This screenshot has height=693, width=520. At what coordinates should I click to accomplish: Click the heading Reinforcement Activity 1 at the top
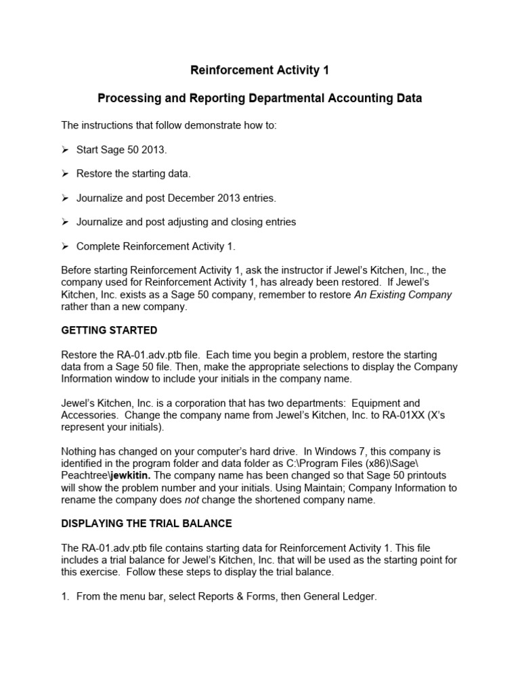point(259,70)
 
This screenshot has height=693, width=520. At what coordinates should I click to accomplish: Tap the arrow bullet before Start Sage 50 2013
point(66,150)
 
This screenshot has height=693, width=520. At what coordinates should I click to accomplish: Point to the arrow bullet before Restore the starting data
point(66,174)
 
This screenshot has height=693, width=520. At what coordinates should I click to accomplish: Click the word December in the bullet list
point(192,198)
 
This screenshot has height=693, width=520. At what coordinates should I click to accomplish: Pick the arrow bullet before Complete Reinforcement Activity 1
point(66,246)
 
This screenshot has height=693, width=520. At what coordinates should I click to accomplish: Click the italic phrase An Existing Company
point(403,294)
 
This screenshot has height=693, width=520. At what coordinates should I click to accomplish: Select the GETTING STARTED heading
point(109,330)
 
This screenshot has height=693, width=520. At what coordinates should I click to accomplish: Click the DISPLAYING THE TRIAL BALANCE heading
point(146,524)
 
